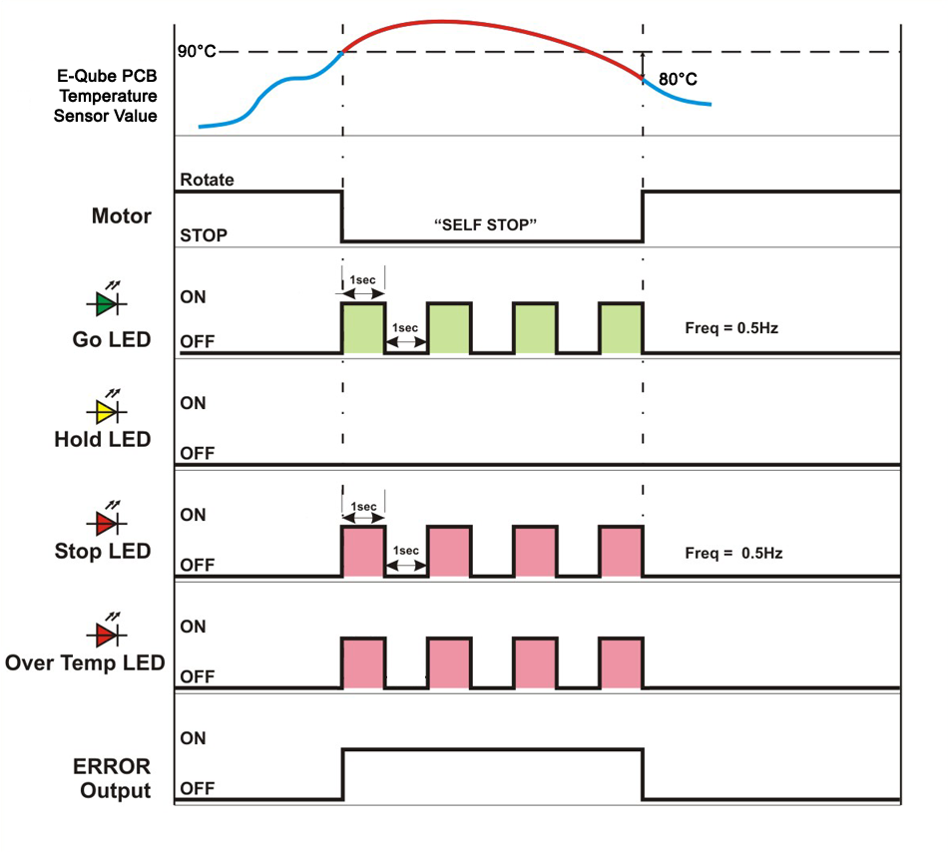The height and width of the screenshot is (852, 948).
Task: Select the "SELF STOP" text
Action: click(486, 225)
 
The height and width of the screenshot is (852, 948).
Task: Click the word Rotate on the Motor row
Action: click(208, 181)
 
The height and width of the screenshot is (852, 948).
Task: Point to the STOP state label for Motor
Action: click(204, 236)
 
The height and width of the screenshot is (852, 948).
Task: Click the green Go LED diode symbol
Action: click(106, 300)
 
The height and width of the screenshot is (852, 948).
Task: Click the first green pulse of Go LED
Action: click(363, 327)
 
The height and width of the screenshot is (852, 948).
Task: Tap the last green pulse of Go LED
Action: click(621, 327)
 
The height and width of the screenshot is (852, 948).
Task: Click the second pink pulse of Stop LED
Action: click(449, 551)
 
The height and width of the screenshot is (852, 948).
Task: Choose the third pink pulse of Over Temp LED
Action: click(535, 661)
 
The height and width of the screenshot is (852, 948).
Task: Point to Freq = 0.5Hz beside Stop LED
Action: click(733, 551)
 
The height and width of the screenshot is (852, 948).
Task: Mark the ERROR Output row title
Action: click(111, 778)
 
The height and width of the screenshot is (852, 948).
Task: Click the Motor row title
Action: click(121, 215)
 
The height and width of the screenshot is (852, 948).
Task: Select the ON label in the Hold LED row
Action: click(193, 403)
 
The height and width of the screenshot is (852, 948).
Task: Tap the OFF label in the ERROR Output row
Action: click(198, 788)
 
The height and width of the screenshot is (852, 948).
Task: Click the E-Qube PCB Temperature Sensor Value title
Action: click(107, 96)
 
